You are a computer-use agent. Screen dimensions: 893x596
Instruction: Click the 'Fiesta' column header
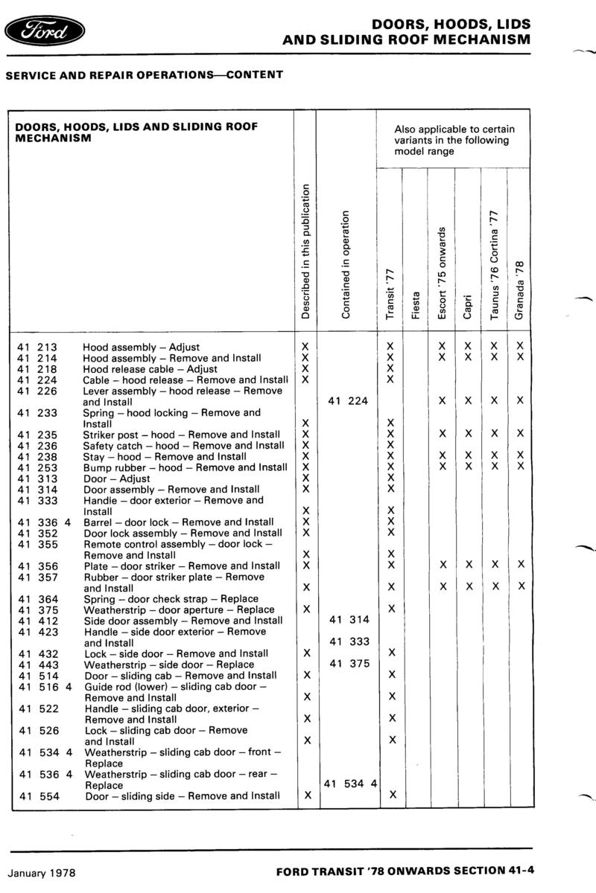pyautogui.click(x=416, y=305)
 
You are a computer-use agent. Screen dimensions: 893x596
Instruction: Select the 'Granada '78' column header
pyautogui.click(x=520, y=290)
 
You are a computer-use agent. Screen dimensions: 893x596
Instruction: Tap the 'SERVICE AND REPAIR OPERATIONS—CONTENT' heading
pyautogui.click(x=145, y=74)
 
